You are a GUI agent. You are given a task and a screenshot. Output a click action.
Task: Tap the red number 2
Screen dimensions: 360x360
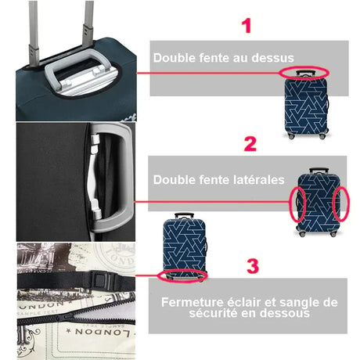click(x=250, y=143)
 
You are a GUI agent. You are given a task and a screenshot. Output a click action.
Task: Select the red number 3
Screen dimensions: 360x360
click(x=252, y=265)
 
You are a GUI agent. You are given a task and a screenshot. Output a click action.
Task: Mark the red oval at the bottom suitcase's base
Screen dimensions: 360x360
click(x=182, y=275)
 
